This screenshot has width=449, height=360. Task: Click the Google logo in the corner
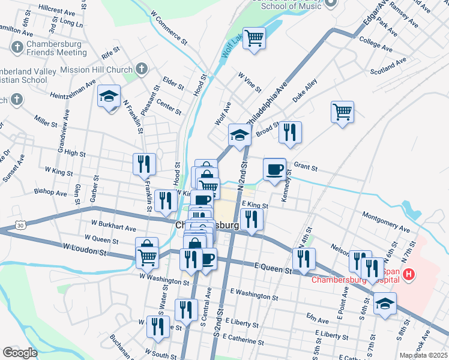(x=20, y=353)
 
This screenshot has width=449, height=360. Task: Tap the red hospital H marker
(x=409, y=275)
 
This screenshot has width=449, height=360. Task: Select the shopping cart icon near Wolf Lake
(x=255, y=38)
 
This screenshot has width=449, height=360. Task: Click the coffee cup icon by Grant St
(x=274, y=169)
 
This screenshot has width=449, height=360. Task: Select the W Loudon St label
(x=84, y=249)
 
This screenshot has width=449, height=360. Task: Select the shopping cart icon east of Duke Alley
(x=342, y=112)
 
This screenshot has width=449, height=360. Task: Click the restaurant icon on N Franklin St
(x=144, y=164)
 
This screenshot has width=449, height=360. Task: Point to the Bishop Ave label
(x=50, y=193)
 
